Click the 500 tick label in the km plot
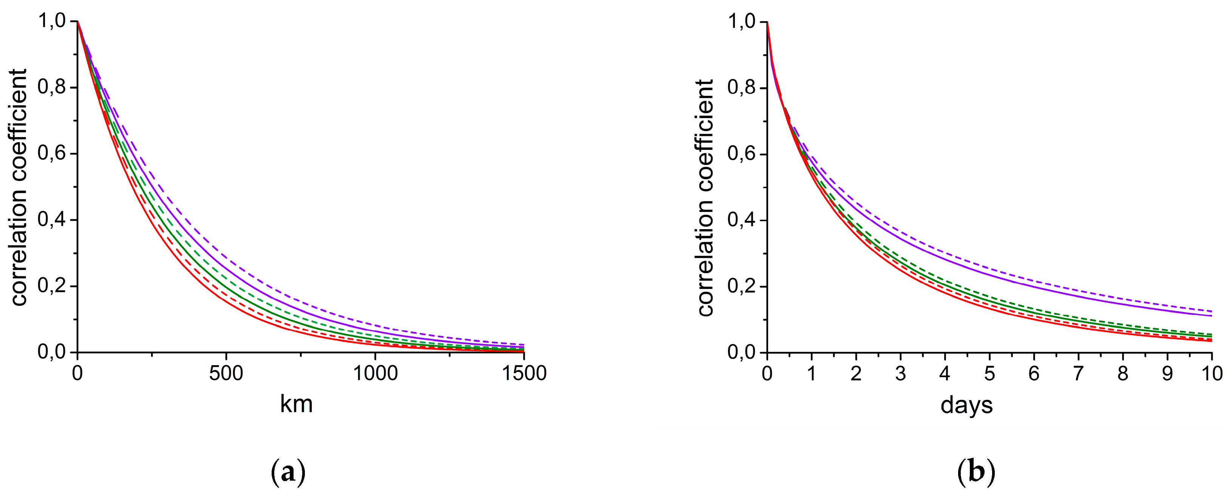coord(226,373)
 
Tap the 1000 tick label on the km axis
coord(375,373)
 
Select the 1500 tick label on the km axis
coord(524,373)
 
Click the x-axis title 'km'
coord(296,404)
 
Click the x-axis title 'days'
coord(966,406)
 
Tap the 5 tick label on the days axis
coord(989,373)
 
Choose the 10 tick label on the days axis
coord(1211,373)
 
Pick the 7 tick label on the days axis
coord(1078,373)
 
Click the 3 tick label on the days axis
coord(900,373)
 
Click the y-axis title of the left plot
coord(19,187)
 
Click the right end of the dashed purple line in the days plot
coord(1211,311)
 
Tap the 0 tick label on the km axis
coord(77,373)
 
